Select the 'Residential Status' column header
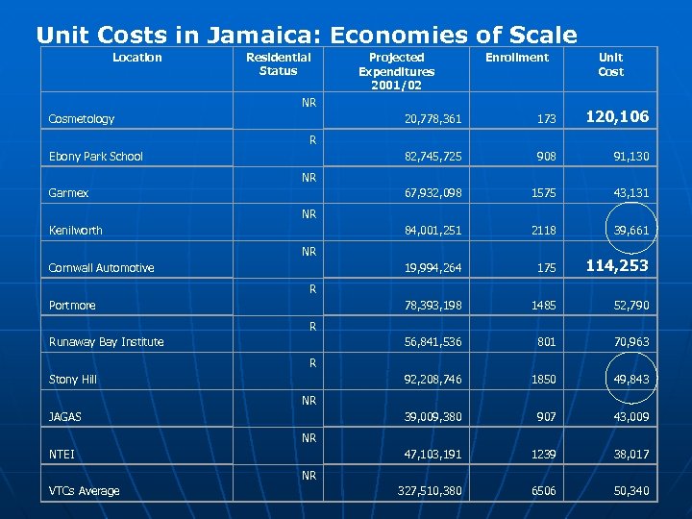(x=278, y=64)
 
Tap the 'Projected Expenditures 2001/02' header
(x=396, y=71)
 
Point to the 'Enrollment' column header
(x=516, y=58)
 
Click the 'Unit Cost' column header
(x=610, y=64)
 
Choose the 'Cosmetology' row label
(x=82, y=119)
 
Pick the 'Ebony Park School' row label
(x=95, y=157)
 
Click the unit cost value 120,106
(x=617, y=117)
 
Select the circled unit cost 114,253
(x=617, y=266)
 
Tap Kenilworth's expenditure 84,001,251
(x=432, y=231)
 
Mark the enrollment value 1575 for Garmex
(x=543, y=193)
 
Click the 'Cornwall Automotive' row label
(x=101, y=268)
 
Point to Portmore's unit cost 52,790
(x=631, y=306)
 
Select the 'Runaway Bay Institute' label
(x=106, y=342)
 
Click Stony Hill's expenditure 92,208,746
(x=432, y=380)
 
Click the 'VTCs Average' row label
(x=85, y=491)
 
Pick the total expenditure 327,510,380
(x=430, y=491)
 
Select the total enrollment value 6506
(x=543, y=491)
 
